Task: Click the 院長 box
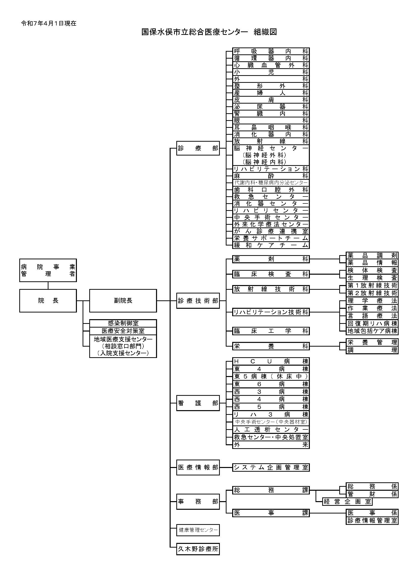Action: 48,300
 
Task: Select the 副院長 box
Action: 123,300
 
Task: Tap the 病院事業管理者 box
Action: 48,270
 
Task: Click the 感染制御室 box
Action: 123,323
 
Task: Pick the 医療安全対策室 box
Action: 123,331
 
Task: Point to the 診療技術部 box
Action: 198,301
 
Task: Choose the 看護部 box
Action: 198,403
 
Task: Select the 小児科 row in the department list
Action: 271,72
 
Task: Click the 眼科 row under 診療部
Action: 271,120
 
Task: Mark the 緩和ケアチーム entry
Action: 271,245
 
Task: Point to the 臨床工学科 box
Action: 271,331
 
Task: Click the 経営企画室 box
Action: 347,501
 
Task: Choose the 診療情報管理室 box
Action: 372,520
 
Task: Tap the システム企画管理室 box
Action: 271,467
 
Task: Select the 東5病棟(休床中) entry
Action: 271,376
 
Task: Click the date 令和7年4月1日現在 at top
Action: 49,23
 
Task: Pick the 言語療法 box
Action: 372,316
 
